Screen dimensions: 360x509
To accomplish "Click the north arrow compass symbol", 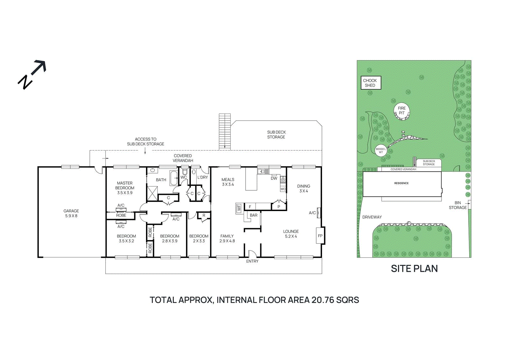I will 32,74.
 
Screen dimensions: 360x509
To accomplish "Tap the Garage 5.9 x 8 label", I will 71,213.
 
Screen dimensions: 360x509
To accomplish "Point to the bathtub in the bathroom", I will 174,178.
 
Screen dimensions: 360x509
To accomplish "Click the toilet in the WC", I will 185,172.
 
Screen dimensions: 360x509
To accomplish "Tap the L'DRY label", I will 203,177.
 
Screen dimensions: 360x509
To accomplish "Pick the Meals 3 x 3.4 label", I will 228,182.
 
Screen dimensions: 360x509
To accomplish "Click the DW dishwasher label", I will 274,179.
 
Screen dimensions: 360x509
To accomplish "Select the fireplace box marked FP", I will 320,236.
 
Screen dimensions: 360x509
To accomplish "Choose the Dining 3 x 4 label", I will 303,188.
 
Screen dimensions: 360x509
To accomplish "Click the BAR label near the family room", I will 254,215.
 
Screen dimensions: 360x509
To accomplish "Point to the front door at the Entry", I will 252,254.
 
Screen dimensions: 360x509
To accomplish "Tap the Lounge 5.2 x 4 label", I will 291,234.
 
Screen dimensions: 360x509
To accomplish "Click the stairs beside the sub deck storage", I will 225,131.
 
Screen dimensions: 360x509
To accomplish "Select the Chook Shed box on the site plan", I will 370,83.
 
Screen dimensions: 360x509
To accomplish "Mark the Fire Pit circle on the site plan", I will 402,111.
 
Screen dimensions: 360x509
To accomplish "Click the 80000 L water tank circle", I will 381,151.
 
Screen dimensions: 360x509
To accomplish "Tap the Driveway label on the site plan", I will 372,217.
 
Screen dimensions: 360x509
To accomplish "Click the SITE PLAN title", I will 414,269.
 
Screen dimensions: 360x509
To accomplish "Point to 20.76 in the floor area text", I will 323,300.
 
